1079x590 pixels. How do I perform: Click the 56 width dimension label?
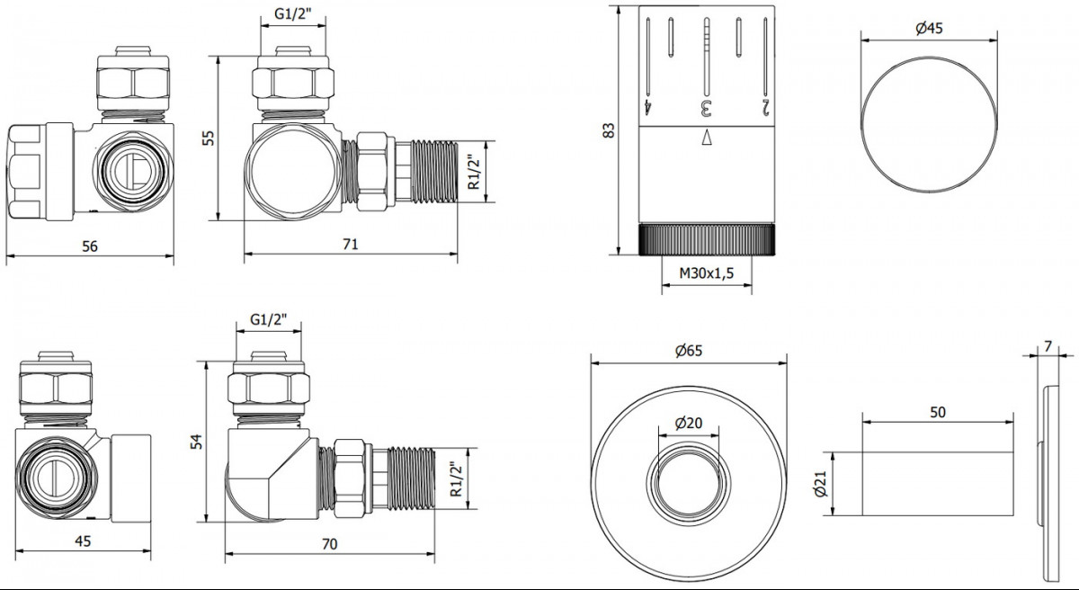point(90,246)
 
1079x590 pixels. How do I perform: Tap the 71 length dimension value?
point(350,245)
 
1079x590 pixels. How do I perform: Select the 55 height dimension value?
point(208,139)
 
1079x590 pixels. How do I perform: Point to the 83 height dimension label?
point(610,130)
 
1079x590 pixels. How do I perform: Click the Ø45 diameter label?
point(929,29)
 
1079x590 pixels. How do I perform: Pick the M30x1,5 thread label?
point(706,273)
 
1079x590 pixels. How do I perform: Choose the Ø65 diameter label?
point(689,351)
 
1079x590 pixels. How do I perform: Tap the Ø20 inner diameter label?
point(689,424)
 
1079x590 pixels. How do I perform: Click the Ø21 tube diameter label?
point(820,484)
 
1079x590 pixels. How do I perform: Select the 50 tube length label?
point(937,412)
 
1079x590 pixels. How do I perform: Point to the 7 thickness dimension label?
point(1048,346)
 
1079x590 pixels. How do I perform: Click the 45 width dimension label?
point(83,541)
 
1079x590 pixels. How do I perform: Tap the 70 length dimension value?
point(329,544)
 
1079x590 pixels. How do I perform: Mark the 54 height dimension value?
point(197,442)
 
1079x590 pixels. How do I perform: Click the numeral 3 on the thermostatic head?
point(706,108)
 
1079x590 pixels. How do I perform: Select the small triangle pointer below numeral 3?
point(707,137)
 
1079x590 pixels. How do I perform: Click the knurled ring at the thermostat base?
point(707,239)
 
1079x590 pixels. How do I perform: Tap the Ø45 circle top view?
point(929,58)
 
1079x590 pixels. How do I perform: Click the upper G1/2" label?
point(293,13)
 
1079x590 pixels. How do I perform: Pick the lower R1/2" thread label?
point(456,478)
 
